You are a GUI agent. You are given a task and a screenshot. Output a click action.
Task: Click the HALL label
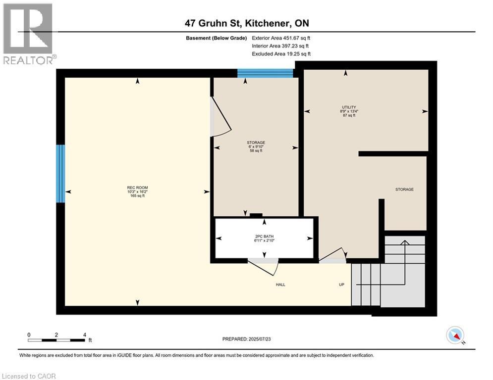(281, 285)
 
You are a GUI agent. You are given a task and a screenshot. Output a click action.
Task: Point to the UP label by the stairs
(342, 285)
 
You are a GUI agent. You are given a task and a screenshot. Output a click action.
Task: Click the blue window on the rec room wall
(60, 173)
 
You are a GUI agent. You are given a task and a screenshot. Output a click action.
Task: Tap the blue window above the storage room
(265, 73)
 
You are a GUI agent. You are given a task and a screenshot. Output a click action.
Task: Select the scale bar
(56, 339)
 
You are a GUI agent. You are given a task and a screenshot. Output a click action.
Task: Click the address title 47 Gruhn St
(246, 23)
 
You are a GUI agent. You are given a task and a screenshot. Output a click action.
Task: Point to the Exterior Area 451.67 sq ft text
(281, 38)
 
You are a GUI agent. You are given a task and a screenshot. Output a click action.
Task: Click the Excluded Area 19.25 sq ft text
(281, 54)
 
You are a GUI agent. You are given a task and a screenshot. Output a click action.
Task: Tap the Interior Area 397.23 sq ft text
(281, 46)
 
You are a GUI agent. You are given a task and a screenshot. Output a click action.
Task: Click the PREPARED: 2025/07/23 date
(246, 339)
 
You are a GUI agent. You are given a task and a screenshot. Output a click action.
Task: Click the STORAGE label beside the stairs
(404, 190)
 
